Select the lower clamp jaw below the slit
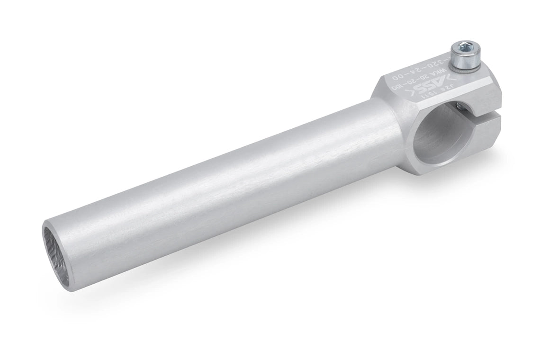478,137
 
